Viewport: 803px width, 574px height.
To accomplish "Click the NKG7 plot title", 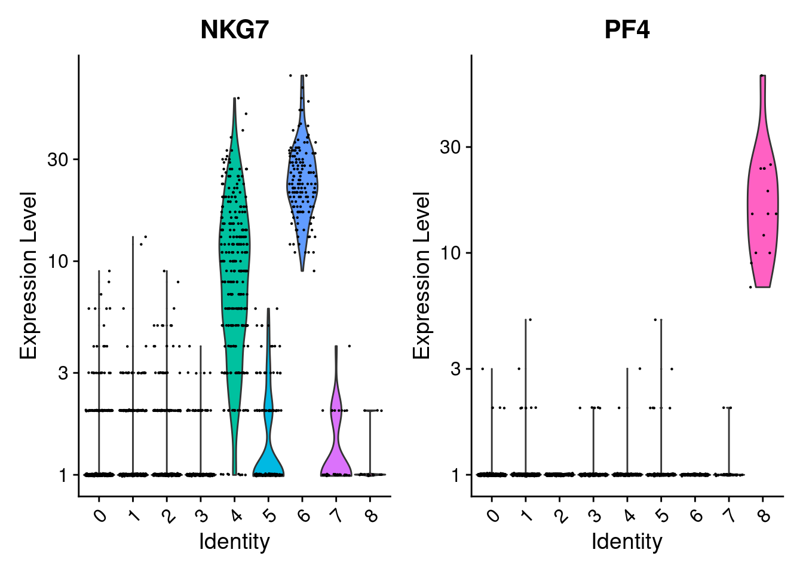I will click(x=234, y=29).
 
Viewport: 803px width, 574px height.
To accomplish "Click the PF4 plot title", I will click(x=627, y=29).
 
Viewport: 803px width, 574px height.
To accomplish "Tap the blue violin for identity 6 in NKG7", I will click(x=302, y=185).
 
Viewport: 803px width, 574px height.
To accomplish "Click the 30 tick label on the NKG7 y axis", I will click(x=59, y=160).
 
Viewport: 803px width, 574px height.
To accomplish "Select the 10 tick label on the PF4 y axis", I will click(x=452, y=253).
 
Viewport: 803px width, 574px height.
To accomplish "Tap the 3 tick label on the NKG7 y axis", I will click(x=64, y=373).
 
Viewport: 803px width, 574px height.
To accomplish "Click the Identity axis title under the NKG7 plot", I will click(x=234, y=542).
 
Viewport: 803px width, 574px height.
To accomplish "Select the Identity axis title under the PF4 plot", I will click(x=627, y=542).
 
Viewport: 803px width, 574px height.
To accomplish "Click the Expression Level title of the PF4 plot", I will click(x=422, y=275).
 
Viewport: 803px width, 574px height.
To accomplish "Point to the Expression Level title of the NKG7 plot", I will click(x=29, y=275).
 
